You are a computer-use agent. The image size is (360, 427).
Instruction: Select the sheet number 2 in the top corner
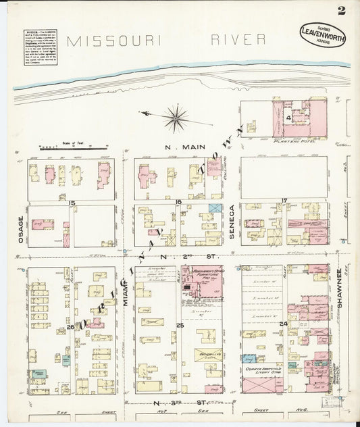coord(344,9)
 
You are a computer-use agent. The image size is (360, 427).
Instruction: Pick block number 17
coord(285,200)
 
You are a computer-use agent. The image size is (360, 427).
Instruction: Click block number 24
coord(284,324)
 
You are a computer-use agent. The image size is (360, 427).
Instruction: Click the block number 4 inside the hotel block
coord(288,118)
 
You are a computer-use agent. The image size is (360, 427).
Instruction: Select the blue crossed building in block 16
coord(215,209)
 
